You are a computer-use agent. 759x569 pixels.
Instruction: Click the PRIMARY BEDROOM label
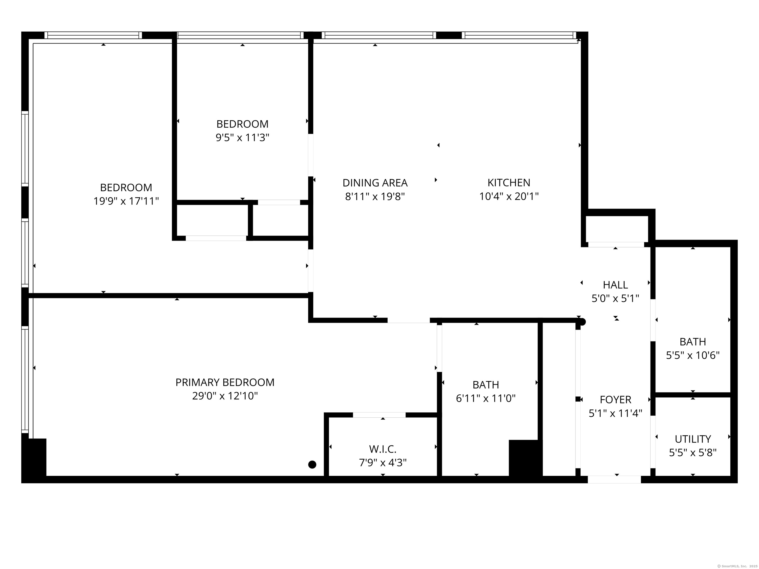[225, 382]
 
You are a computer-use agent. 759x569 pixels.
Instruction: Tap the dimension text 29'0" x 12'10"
[225, 396]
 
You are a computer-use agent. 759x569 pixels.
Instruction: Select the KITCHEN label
[509, 183]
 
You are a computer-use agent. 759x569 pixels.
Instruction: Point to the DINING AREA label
[375, 183]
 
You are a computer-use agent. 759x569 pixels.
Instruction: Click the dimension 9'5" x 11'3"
[242, 138]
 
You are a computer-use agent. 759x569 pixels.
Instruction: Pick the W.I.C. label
[382, 449]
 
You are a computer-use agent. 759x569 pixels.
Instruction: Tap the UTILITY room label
[693, 439]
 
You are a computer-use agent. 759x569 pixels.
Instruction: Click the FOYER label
[615, 400]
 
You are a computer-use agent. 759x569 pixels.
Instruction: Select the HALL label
[615, 285]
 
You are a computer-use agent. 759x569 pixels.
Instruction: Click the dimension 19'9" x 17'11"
[126, 201]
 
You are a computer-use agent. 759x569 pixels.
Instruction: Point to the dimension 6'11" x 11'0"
[485, 398]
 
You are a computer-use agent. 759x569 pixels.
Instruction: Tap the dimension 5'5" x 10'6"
[693, 355]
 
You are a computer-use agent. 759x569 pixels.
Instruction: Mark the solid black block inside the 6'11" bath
[525, 458]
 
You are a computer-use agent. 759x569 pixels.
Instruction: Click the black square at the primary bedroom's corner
[34, 458]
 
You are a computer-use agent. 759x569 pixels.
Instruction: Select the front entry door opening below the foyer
[614, 480]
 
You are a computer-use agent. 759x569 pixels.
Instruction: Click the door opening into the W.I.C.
[379, 415]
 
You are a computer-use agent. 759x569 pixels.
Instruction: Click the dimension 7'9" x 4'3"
[382, 463]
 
